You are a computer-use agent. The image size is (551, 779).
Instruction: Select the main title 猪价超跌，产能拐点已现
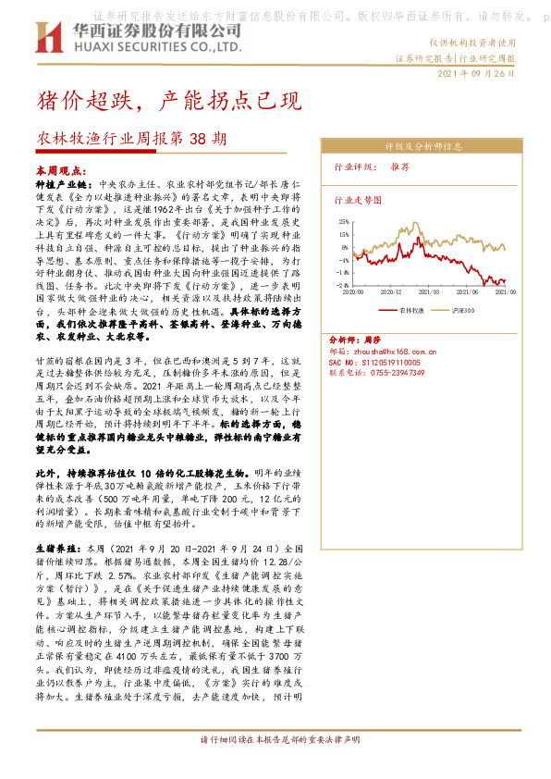point(168,99)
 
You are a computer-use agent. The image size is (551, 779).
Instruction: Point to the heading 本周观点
point(58,171)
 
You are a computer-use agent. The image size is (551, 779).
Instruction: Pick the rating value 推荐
point(399,167)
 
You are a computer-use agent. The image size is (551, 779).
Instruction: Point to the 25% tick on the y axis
point(341,223)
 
